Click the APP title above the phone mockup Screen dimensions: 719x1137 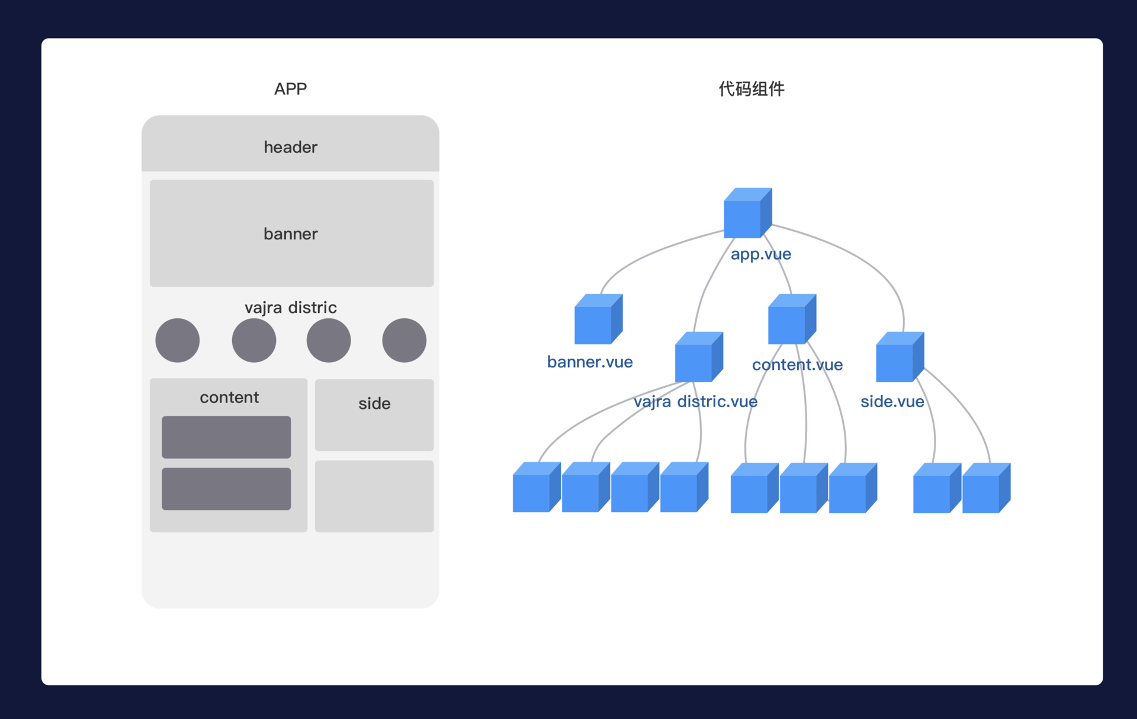tap(290, 89)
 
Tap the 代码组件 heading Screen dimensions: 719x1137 tap(751, 89)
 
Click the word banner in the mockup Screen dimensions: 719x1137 tap(290, 234)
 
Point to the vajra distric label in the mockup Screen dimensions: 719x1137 tap(290, 308)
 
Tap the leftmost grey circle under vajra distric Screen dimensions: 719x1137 tap(178, 340)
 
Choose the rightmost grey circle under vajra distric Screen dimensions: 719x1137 tap(404, 340)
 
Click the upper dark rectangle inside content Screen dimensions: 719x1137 tap(226, 437)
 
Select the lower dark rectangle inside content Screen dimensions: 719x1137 tap(226, 488)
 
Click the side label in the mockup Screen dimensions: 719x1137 tap(374, 404)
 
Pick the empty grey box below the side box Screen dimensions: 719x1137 tap(374, 496)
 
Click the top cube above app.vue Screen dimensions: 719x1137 tap(747, 213)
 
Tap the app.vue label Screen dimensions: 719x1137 tap(761, 254)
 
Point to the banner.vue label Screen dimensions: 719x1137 tap(590, 362)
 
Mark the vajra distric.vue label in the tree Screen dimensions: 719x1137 tap(695, 402)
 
